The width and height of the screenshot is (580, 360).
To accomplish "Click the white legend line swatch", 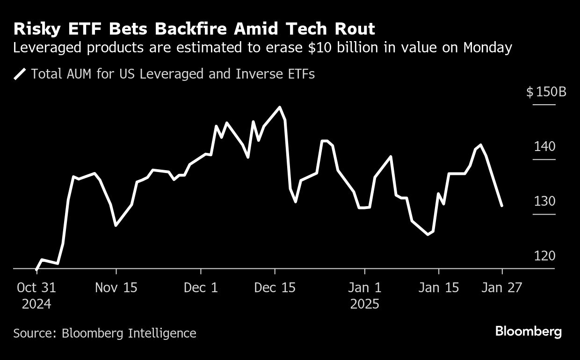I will (20, 74).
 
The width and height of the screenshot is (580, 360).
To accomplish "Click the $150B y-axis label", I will (546, 92).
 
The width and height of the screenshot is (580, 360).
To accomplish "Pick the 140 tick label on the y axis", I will (544, 147).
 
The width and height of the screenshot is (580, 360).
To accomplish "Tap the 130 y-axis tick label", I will (544, 202).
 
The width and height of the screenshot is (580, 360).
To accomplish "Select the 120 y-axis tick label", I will (544, 256).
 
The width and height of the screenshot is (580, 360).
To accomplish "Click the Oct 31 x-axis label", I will (36, 288).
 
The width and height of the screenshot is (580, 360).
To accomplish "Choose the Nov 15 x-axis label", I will (116, 288).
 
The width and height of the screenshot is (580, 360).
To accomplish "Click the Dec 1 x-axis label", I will (201, 288).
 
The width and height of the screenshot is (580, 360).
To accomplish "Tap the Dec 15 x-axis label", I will (275, 288).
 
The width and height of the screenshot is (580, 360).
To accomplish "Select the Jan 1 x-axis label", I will (364, 288).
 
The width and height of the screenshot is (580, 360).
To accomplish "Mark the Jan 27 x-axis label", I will (502, 288).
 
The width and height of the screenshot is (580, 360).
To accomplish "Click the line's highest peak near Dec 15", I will (280, 107).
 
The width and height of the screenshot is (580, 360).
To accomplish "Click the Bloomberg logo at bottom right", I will (528, 331).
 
